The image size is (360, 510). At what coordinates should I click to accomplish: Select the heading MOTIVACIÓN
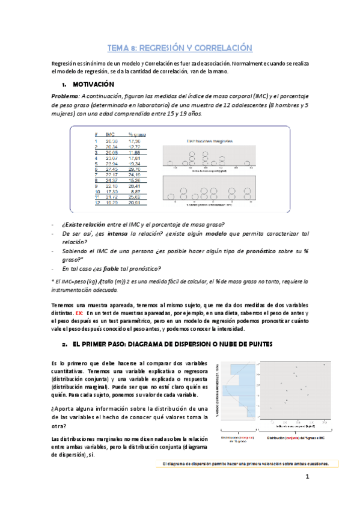point(97,84)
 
